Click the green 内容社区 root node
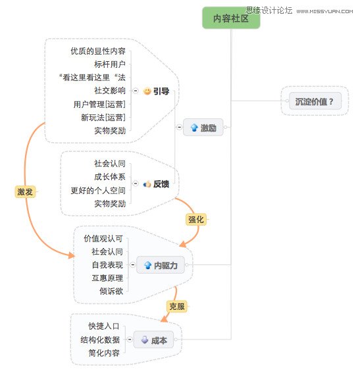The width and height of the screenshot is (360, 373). pyautogui.click(x=231, y=18)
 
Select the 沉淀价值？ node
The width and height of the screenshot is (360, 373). pyautogui.click(x=315, y=101)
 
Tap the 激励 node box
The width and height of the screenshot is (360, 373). pyautogui.click(x=203, y=127)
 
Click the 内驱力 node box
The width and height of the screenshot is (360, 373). pyautogui.click(x=161, y=264)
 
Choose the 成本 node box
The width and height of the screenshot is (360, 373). pyautogui.click(x=153, y=339)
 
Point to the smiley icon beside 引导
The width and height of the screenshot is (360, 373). pyautogui.click(x=147, y=91)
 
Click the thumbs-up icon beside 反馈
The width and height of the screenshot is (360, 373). pyautogui.click(x=147, y=184)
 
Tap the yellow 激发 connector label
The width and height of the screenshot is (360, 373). pyautogui.click(x=25, y=191)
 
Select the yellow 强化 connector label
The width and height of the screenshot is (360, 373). pyautogui.click(x=196, y=219)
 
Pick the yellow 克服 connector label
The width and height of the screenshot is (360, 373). pyautogui.click(x=177, y=306)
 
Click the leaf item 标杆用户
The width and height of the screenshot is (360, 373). pyautogui.click(x=110, y=64)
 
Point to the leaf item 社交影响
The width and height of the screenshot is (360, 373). pyautogui.click(x=110, y=90)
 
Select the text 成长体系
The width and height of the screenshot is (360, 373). pyautogui.click(x=110, y=177)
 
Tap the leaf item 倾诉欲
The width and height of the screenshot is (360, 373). pyautogui.click(x=111, y=291)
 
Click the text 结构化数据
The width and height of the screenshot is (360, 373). pyautogui.click(x=100, y=339)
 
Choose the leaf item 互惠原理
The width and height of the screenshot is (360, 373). pyautogui.click(x=107, y=278)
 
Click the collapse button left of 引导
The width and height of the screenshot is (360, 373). pyautogui.click(x=136, y=91)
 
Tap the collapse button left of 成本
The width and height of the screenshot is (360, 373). pyautogui.click(x=130, y=339)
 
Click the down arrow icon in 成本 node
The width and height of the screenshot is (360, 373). pyautogui.click(x=145, y=339)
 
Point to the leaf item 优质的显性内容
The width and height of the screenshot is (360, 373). pyautogui.click(x=98, y=51)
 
